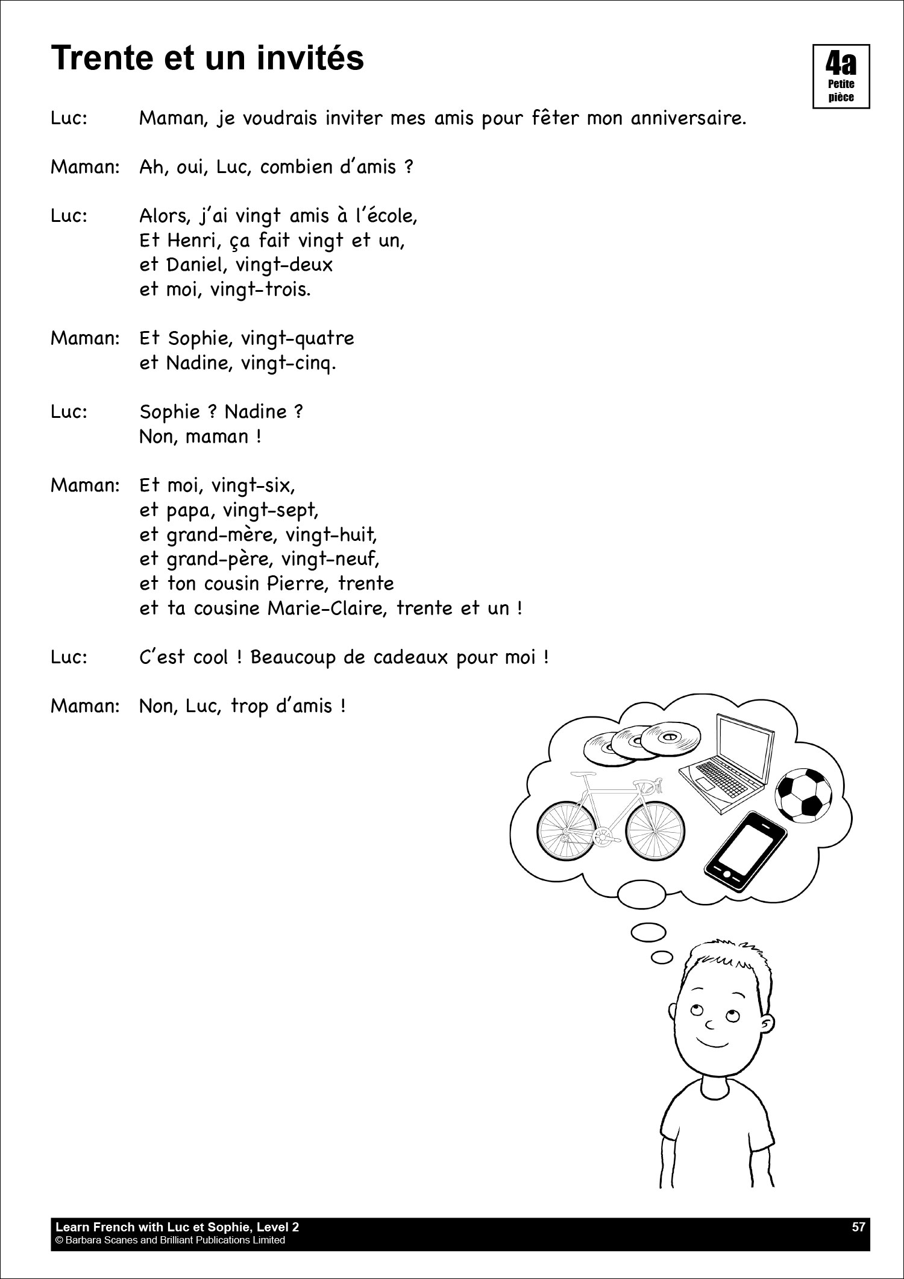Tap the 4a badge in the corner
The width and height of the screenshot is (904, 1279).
coord(841,76)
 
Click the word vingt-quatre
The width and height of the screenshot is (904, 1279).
coord(297,338)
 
